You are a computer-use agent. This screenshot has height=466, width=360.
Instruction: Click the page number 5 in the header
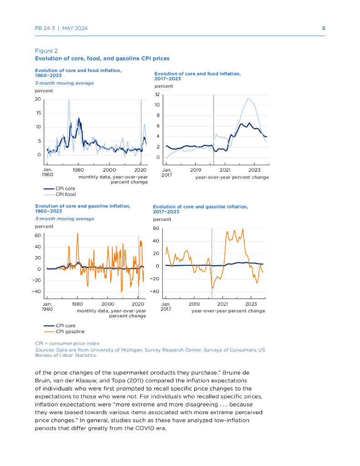pos(324,28)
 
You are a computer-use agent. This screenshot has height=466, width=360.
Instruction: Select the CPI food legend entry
pos(66,194)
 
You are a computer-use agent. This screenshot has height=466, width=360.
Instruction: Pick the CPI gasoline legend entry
pos(70,332)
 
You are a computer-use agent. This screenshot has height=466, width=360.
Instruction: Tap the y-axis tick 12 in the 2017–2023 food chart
pos(157,95)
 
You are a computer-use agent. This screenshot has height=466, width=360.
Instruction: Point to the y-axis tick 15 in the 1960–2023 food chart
pos(38,113)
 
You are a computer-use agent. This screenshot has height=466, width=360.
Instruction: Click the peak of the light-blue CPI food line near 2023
pos(248,98)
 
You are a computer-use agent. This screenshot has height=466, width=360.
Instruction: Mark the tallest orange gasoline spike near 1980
pos(77,233)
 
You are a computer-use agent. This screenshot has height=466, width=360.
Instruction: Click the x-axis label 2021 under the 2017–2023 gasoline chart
pos(223,304)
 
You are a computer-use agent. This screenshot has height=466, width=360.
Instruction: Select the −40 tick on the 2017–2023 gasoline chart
pos(155,291)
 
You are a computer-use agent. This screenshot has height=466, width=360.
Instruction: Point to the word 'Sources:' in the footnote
pos(45,350)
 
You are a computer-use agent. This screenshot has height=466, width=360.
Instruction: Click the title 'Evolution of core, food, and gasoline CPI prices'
pos(102,59)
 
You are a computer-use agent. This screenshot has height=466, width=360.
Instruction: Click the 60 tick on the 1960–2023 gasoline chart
pos(38,236)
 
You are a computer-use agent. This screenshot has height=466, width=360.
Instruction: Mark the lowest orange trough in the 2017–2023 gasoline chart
pos(213,288)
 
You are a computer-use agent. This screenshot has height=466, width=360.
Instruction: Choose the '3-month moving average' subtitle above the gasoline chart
pos(65,219)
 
